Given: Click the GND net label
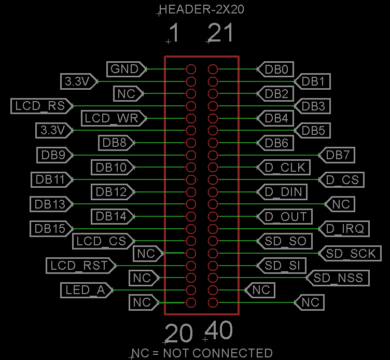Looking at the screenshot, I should [124, 68].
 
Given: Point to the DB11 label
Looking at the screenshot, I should [50, 180].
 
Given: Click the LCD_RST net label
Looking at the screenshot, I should [79, 266].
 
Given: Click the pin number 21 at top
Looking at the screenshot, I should [220, 34].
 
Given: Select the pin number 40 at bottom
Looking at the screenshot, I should [219, 330].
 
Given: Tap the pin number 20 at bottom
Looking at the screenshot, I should [178, 334].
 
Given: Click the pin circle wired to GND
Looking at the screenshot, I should [191, 69].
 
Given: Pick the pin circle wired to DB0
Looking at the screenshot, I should [213, 69].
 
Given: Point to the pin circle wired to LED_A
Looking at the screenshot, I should [191, 290].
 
